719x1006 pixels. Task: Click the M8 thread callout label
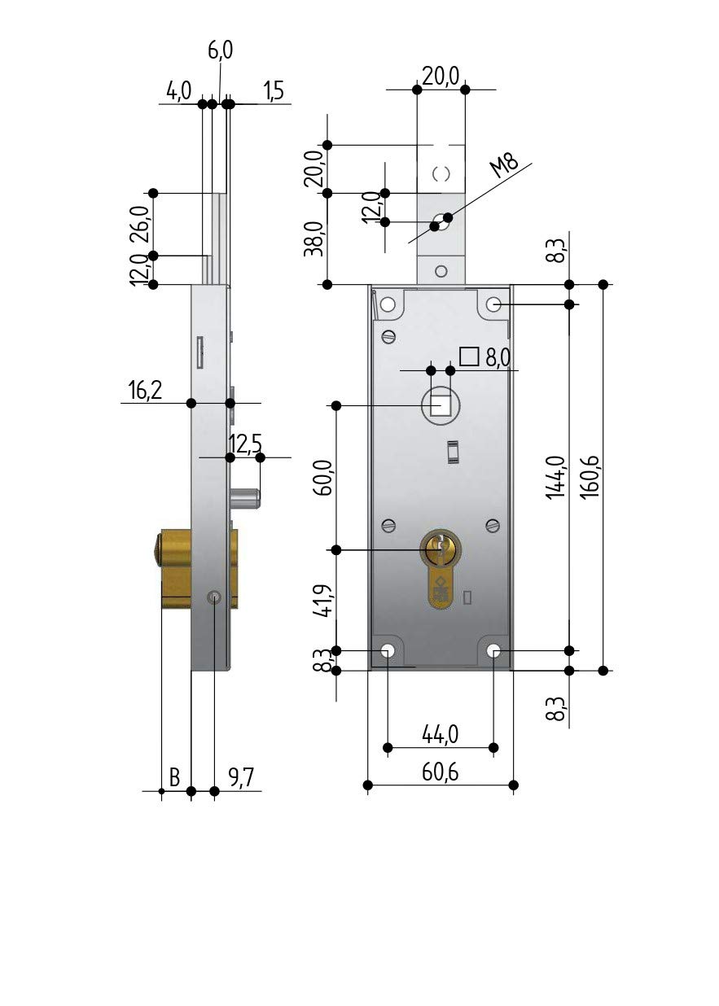pyautogui.click(x=503, y=165)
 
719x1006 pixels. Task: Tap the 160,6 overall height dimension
pyautogui.click(x=592, y=476)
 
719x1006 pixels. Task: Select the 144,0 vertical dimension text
pyautogui.click(x=556, y=477)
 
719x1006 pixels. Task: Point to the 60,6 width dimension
pyautogui.click(x=440, y=772)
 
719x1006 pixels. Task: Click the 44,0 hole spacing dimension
pyautogui.click(x=440, y=735)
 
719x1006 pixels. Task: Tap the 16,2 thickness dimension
pyautogui.click(x=145, y=390)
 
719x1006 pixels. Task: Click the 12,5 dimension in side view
pyautogui.click(x=245, y=444)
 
